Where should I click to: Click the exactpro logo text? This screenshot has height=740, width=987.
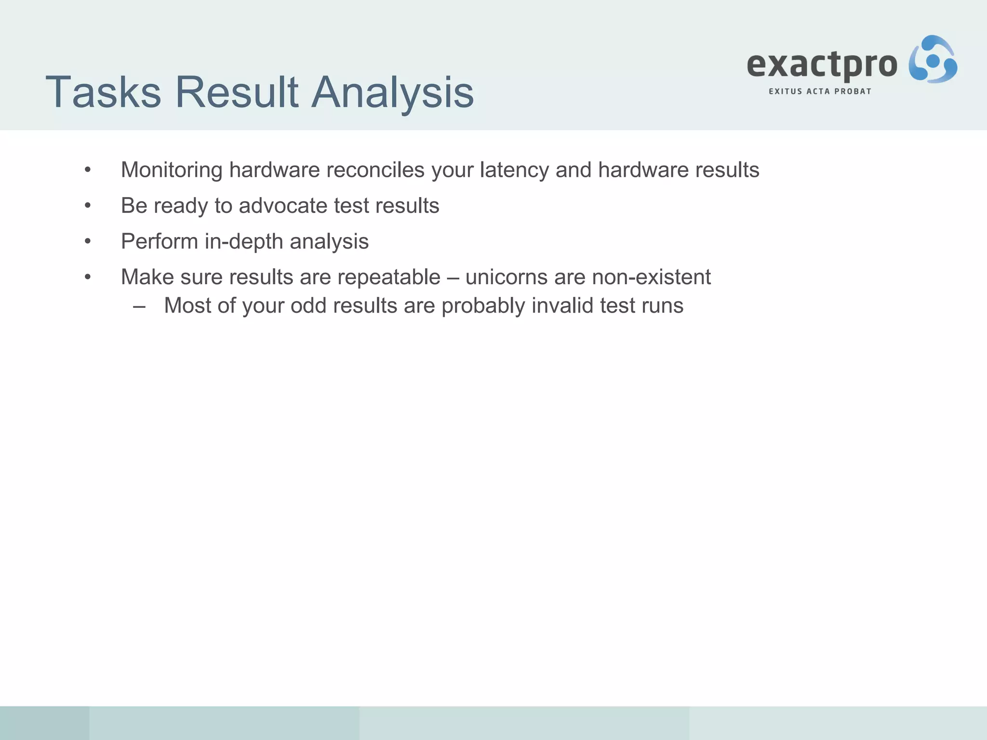click(x=822, y=65)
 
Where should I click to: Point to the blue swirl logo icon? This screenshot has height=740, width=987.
click(x=933, y=60)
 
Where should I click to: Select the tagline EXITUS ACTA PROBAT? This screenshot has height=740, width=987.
click(x=820, y=92)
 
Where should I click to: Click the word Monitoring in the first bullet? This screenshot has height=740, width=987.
click(x=172, y=170)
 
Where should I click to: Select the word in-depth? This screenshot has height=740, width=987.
click(x=244, y=241)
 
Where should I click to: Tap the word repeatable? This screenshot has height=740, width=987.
click(x=389, y=277)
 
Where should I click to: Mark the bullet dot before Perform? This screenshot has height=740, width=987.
click(x=87, y=241)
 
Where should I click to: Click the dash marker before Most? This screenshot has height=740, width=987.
click(x=139, y=306)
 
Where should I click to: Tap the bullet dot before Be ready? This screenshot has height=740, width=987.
click(x=87, y=205)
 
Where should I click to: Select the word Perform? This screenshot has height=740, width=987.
click(x=159, y=241)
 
